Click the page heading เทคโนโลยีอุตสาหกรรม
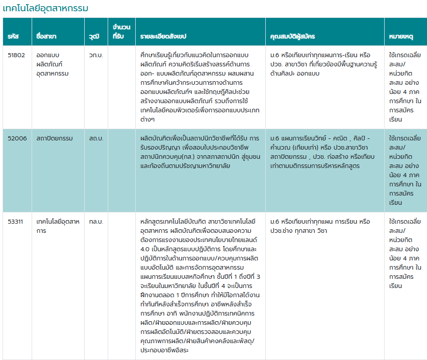46,8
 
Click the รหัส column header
13,37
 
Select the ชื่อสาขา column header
46,37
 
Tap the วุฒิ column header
93,37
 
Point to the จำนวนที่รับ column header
120,32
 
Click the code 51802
16,55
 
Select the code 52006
16,124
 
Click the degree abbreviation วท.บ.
95,55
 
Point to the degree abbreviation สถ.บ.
95,124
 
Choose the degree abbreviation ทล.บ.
95,221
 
